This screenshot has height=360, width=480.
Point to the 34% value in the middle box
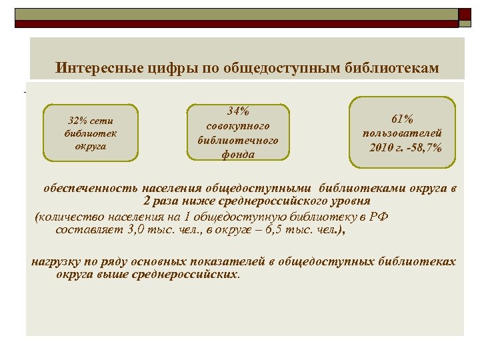[238, 111]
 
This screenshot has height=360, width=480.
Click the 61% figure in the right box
[402, 119]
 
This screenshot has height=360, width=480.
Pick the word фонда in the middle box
[238, 155]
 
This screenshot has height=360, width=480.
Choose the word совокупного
[238, 125]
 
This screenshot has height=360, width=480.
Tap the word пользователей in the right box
[402, 133]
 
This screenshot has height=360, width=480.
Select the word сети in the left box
[104, 121]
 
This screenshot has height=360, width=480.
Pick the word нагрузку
[57, 261]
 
